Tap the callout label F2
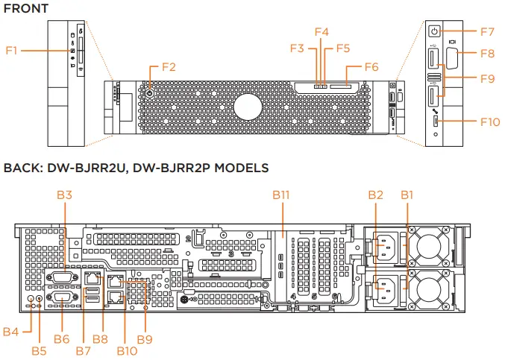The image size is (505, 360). click(169, 67)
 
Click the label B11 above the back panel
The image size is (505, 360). click(280, 195)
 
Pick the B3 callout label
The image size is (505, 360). click(65, 195)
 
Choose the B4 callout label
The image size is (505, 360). click(11, 330)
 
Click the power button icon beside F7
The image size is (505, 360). click(436, 31)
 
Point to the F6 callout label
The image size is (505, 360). click(371, 66)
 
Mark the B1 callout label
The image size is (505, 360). click(407, 195)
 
